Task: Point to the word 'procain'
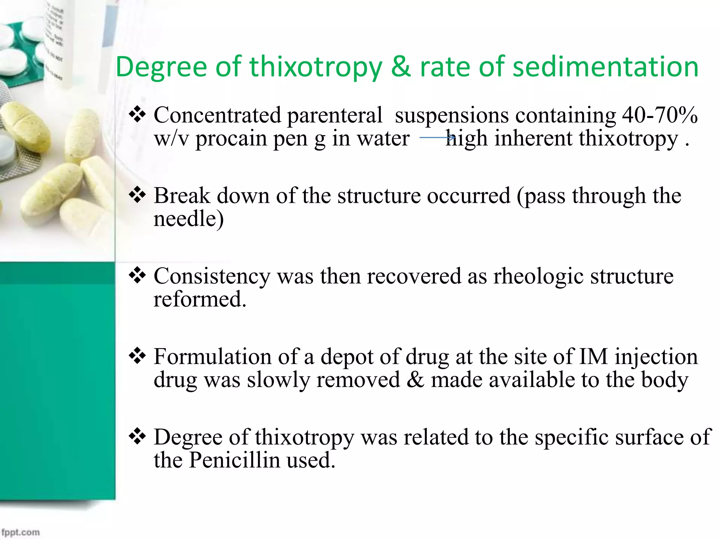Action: point(230,139)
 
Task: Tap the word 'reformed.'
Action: point(200,299)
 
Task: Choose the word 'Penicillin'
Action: point(235,460)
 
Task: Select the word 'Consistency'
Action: point(212,276)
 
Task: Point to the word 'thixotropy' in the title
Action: point(316,67)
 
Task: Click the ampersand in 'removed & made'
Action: point(415,380)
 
